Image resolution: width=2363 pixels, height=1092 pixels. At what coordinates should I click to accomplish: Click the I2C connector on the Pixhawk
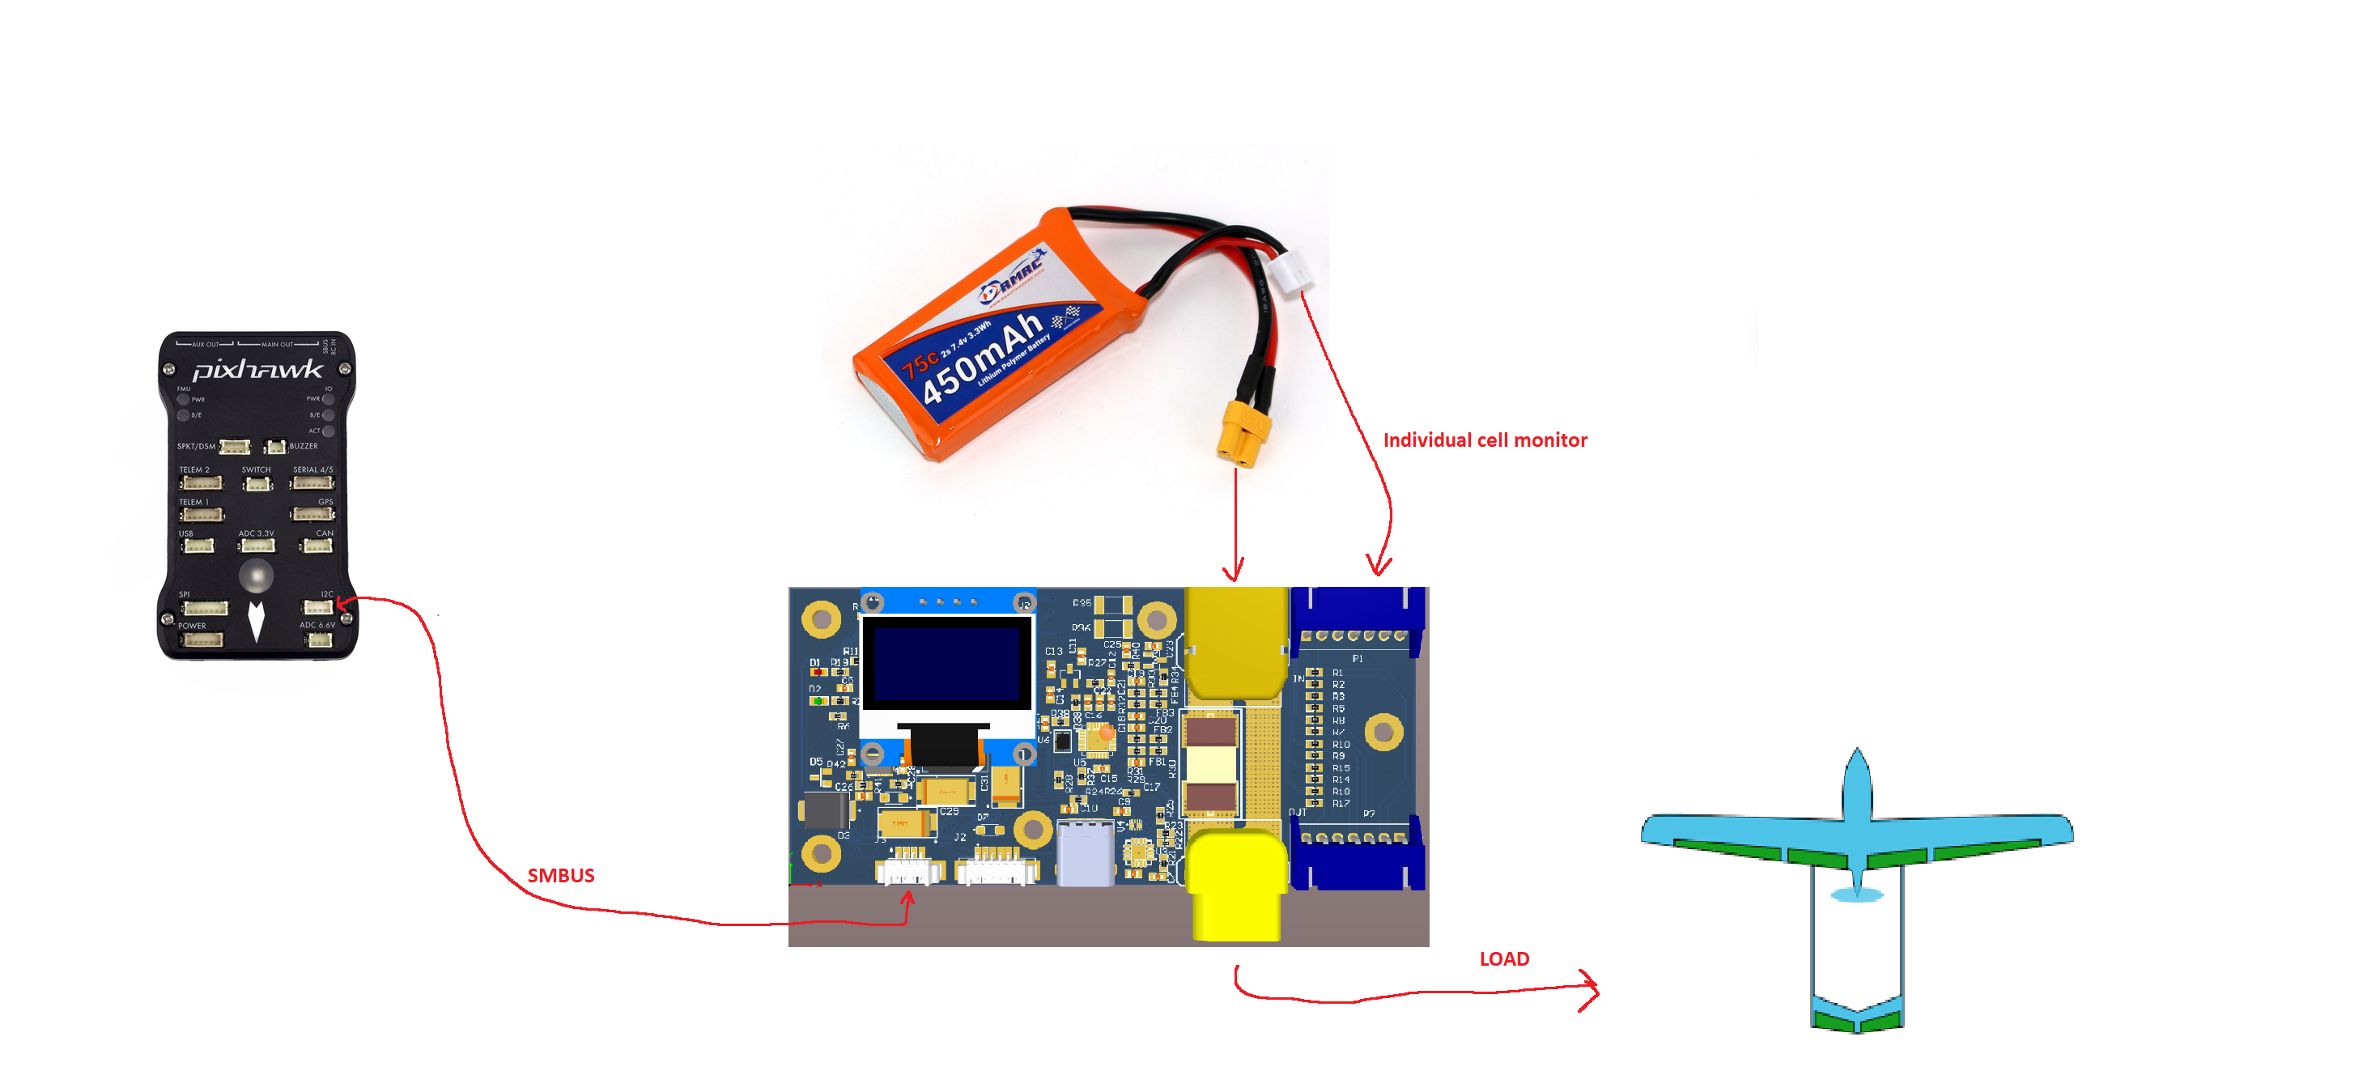click(317, 606)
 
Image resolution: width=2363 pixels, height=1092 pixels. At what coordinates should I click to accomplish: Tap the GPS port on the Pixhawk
click(312, 514)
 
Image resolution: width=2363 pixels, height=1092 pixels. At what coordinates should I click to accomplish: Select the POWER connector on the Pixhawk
click(202, 639)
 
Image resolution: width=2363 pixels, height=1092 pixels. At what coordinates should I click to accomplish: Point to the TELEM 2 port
click(201, 482)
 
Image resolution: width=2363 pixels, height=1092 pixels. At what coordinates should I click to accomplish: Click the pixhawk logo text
click(257, 370)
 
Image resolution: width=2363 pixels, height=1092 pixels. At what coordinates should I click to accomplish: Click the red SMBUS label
click(560, 875)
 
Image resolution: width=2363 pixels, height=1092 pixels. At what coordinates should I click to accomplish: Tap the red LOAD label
click(1503, 959)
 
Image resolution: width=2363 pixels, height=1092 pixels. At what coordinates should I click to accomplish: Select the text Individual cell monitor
click(1484, 440)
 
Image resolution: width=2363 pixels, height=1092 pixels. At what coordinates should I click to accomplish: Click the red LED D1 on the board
click(818, 673)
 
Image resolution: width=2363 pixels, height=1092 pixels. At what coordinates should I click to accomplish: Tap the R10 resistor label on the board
click(1341, 744)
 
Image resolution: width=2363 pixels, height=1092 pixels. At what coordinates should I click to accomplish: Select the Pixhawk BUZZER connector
click(274, 447)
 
